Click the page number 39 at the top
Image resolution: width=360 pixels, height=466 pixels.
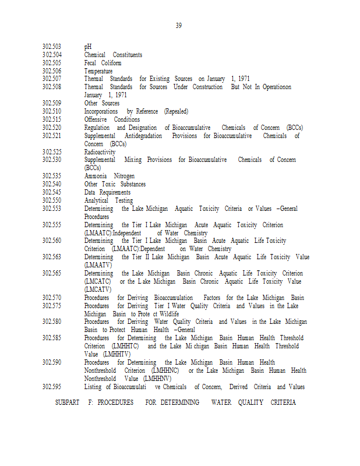coord(179,26)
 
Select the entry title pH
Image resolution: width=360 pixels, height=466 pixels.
coord(87,47)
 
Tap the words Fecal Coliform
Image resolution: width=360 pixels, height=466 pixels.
coord(103,63)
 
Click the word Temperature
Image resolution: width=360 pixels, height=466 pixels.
coord(98,71)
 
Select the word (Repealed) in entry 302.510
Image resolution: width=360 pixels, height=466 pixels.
coord(176,111)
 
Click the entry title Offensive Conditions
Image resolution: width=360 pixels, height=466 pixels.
coord(112,119)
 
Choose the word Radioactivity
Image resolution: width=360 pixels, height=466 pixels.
coord(100,152)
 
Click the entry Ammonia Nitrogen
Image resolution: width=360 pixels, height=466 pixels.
coord(109,176)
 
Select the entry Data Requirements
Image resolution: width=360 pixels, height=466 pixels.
coord(107,192)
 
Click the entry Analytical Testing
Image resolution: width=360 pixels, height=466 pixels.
coord(108,200)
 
